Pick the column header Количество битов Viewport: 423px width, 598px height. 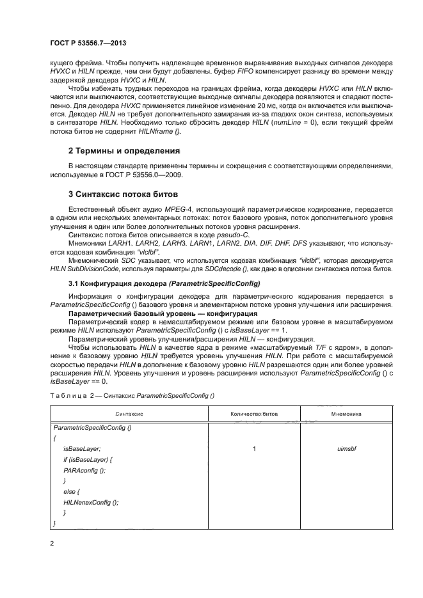(x=255, y=414)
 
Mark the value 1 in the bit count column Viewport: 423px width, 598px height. (x=255, y=449)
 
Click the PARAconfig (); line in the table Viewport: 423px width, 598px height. (x=84, y=470)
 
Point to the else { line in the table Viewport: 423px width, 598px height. (x=71, y=492)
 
